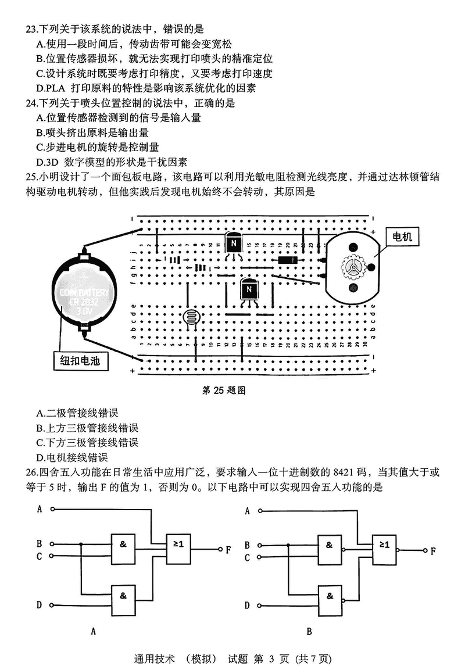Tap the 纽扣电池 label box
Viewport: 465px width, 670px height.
click(x=80, y=360)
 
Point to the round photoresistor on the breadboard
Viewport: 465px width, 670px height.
click(x=190, y=317)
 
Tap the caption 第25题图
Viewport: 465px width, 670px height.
click(x=223, y=391)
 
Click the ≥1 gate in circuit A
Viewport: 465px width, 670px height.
click(x=178, y=544)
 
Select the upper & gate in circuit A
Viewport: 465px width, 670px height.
click(x=123, y=544)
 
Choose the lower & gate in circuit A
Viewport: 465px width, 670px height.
click(x=123, y=595)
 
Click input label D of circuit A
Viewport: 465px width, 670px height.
click(x=40, y=605)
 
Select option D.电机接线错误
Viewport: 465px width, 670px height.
click(x=71, y=457)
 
